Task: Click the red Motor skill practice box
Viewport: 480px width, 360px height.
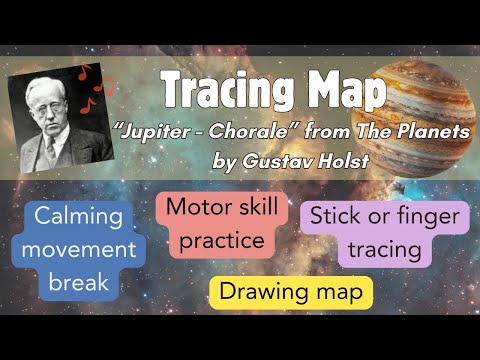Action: (x=215, y=224)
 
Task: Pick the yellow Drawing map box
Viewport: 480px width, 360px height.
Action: (x=291, y=292)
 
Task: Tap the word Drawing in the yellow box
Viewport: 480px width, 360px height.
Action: (x=261, y=292)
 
